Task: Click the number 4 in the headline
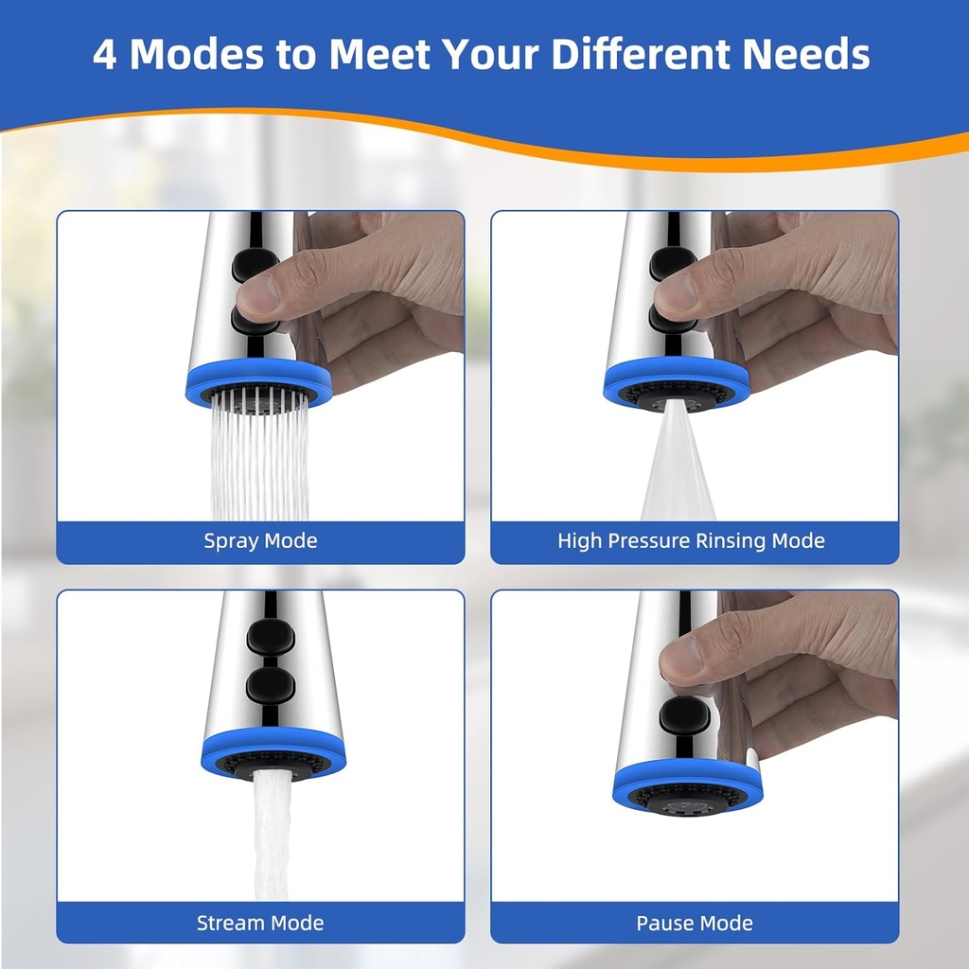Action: [104, 54]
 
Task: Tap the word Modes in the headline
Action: [198, 54]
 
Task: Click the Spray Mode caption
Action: [260, 540]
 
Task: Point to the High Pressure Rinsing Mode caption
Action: [691, 540]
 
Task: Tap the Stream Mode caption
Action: [260, 923]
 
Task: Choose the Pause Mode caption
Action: [695, 923]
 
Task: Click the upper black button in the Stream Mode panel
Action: [271, 636]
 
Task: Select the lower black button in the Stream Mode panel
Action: [270, 685]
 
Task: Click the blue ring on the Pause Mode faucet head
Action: [687, 779]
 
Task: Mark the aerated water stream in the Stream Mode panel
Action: [272, 835]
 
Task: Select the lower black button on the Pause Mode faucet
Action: [683, 715]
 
